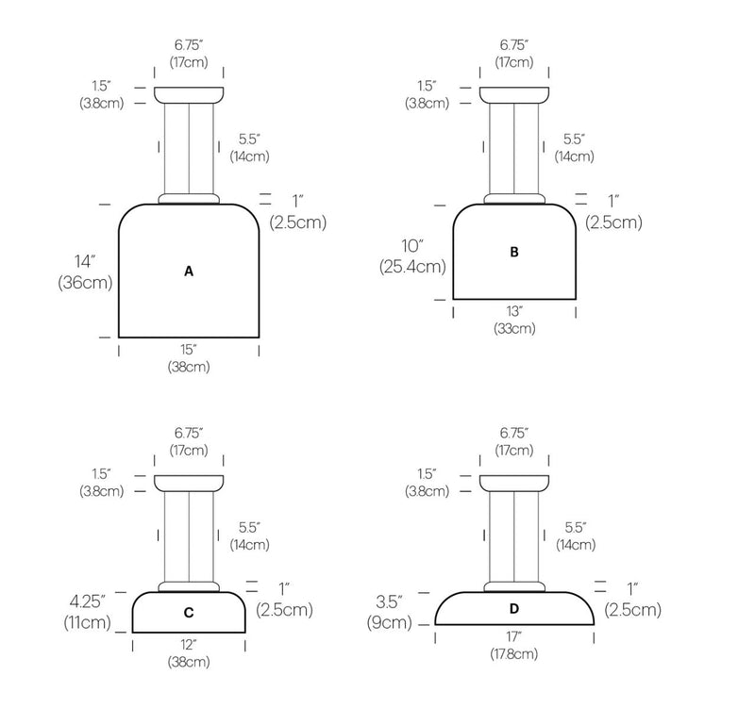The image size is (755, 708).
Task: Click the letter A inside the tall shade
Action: (x=189, y=272)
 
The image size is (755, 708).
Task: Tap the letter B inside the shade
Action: (x=514, y=252)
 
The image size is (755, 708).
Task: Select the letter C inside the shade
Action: (x=189, y=613)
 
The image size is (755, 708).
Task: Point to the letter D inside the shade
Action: (x=514, y=609)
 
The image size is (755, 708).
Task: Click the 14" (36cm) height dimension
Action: (x=85, y=272)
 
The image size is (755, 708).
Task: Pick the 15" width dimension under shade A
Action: (x=189, y=358)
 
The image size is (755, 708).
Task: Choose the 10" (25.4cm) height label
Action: (x=412, y=256)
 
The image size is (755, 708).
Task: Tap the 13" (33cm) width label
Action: (x=514, y=320)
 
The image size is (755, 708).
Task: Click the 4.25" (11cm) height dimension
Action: (x=88, y=611)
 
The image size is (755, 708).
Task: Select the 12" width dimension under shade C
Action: (x=189, y=653)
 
